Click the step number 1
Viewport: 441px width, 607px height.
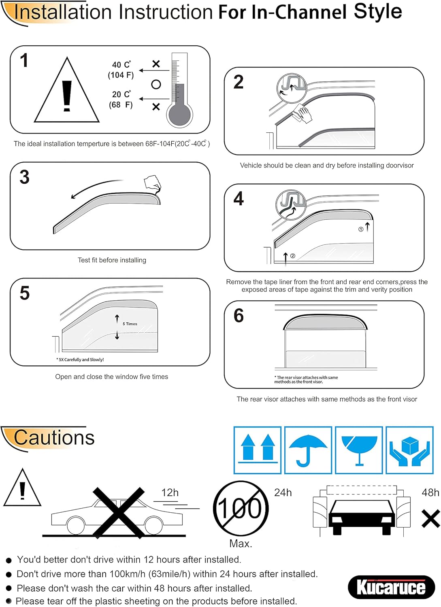pos(24,60)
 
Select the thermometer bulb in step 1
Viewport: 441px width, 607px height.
pos(179,114)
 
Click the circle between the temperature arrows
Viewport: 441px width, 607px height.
pos(156,85)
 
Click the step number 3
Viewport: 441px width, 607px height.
pos(24,177)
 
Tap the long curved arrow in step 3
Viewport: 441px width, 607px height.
pos(96,187)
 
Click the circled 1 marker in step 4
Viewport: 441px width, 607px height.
pos(361,229)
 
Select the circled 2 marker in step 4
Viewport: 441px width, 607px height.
pos(293,256)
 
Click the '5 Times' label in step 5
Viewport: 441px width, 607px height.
pos(130,324)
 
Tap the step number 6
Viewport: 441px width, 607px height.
pos(239,316)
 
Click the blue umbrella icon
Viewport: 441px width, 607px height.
pos(308,450)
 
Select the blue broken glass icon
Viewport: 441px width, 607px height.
pos(359,450)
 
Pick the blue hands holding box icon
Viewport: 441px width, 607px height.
pos(409,450)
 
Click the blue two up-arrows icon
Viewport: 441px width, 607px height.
pos(258,450)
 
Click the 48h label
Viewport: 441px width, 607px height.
pos(430,492)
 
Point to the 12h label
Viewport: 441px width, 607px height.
pos(170,492)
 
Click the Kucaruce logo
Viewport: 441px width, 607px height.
pos(391,586)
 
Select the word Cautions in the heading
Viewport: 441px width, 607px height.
pos(54,437)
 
